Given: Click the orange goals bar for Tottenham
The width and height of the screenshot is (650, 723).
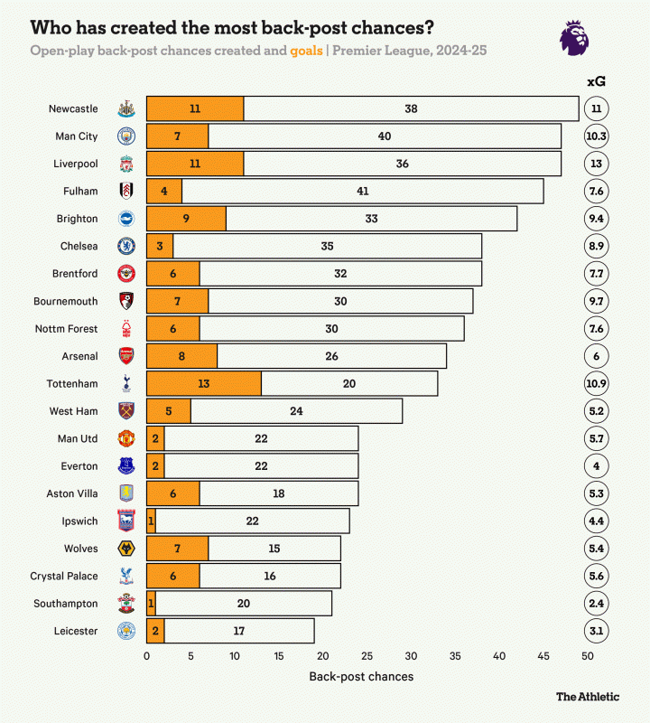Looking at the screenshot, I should click(203, 383).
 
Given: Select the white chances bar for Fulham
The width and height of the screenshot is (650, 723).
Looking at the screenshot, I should click(362, 191).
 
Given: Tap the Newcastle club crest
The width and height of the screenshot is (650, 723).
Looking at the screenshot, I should click(126, 108).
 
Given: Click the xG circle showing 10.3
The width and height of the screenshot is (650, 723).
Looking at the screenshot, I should click(596, 136).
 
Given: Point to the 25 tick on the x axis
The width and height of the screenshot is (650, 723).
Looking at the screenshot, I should click(367, 656).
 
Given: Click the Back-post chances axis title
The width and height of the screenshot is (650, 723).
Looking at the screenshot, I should click(361, 675).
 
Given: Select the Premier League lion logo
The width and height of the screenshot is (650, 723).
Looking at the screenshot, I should click(576, 37).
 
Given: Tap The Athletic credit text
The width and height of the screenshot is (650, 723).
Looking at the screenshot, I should click(588, 697).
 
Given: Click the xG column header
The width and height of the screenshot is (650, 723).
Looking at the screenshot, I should click(596, 81).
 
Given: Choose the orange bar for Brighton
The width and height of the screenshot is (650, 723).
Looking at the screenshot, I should click(186, 218).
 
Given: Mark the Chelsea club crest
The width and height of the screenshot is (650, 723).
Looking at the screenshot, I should click(126, 246).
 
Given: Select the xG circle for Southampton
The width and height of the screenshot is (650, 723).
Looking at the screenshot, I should click(596, 603).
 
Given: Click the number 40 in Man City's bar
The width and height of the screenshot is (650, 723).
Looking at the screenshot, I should click(385, 136).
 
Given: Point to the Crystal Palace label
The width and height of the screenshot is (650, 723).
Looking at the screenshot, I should click(63, 576).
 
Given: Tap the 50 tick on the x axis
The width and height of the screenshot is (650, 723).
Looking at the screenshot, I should click(587, 656).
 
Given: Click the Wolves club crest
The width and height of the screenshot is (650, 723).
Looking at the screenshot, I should click(126, 549).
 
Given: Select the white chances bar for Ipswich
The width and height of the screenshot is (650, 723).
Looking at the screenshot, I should click(252, 521).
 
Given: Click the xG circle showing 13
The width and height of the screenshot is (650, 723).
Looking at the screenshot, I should click(596, 164).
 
